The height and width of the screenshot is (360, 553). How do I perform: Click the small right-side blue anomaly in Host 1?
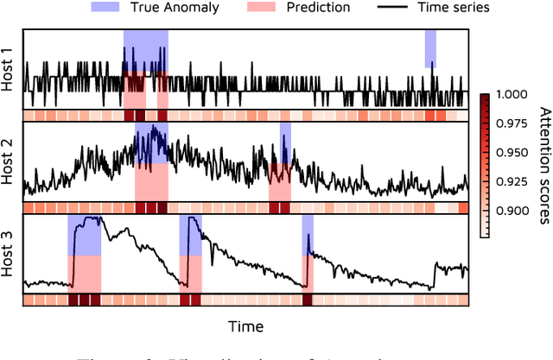429,48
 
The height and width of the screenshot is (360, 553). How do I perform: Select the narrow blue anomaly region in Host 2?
285,142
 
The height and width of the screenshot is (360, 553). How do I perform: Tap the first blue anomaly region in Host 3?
85,235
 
